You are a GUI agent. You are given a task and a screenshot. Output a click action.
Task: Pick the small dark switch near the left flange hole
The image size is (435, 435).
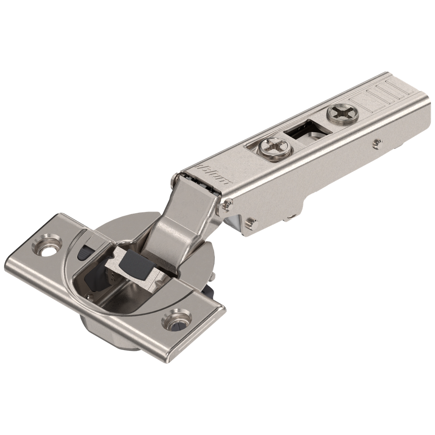click(x=84, y=251)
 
